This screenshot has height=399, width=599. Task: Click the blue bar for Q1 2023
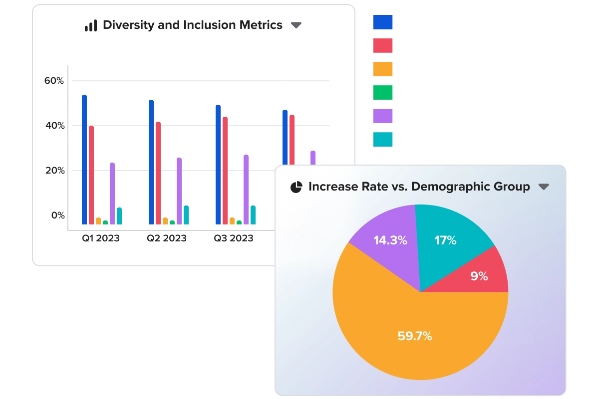point(84,160)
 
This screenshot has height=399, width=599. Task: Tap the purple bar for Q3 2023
point(246,190)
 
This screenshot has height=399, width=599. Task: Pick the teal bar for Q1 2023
point(119,216)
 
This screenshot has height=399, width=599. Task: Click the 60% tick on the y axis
point(54,81)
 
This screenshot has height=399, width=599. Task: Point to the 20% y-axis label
point(54,171)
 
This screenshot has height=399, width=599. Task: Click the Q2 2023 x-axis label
point(166,238)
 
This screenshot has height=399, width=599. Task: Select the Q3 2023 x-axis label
point(234,238)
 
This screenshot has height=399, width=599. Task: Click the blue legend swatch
point(383,22)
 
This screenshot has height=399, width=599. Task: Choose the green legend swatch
point(383,92)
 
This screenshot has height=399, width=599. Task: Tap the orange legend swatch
point(383,69)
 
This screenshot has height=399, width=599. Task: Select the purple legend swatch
point(383,116)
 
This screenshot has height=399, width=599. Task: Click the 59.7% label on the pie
point(415,336)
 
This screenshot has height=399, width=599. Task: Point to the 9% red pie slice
point(479,276)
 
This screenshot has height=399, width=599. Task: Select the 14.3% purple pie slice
point(390,240)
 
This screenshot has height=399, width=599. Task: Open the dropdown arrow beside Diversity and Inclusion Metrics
point(296,25)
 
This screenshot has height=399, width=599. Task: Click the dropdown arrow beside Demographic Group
point(544,187)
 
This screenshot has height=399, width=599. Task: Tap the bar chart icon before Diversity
point(91,25)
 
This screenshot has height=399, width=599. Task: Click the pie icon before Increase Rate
point(297,187)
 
